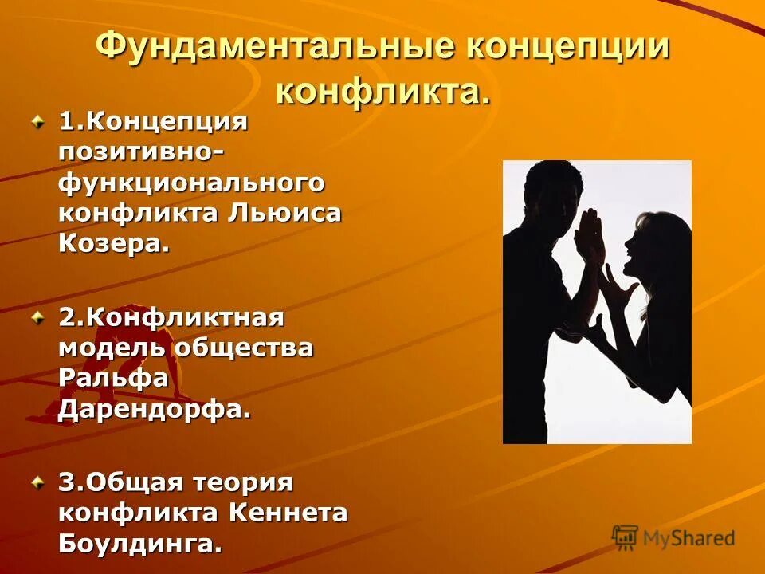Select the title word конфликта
[382, 91]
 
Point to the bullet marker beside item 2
[37, 318]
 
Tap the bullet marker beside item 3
[37, 482]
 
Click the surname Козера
[114, 243]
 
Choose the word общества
[244, 348]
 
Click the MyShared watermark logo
[673, 537]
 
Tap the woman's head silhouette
[649, 243]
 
